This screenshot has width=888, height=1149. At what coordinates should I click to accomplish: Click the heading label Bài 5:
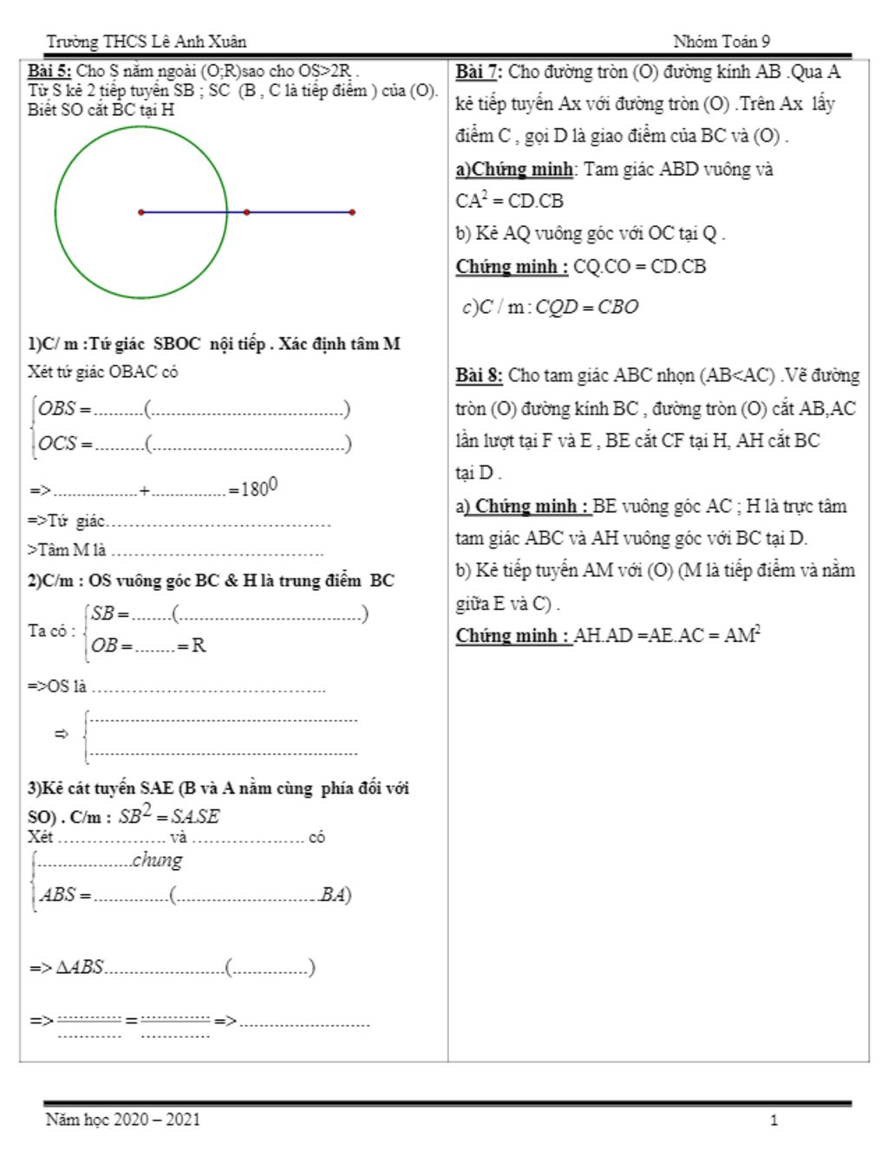point(49,72)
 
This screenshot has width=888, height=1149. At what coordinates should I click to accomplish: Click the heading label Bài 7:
point(479,72)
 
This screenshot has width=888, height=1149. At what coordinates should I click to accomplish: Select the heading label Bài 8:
point(479,376)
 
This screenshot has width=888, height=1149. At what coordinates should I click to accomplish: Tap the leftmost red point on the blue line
point(141,212)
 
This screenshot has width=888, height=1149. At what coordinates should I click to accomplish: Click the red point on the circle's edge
point(247,212)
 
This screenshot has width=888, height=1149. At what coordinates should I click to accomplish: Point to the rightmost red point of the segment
point(352,212)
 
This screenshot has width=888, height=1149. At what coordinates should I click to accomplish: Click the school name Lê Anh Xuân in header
point(199,42)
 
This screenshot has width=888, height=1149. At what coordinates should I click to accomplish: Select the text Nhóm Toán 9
point(721,42)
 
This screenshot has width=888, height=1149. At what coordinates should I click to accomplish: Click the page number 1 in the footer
point(774,1120)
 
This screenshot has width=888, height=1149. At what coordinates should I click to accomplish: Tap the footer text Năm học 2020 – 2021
point(122,1120)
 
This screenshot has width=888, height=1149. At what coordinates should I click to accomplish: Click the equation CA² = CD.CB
point(509,201)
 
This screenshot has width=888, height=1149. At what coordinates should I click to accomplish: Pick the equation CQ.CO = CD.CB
point(639,267)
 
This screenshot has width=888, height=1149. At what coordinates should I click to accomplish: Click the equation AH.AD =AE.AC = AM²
point(667,636)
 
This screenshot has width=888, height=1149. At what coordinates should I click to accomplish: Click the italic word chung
point(157,860)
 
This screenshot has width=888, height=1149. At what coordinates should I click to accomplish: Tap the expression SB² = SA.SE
point(169,815)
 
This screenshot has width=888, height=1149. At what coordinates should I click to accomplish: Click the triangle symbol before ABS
point(63,968)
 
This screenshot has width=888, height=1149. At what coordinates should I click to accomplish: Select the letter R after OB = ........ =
point(199,646)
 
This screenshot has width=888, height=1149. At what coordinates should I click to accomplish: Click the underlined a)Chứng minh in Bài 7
point(514,169)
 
